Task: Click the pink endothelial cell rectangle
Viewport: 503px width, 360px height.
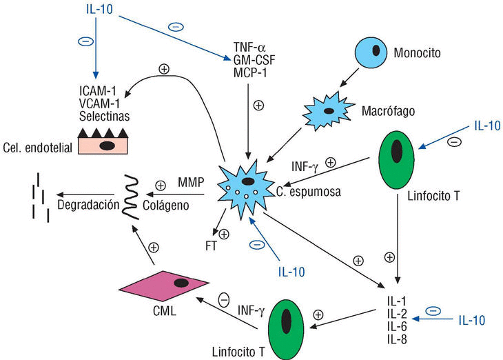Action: pyautogui.click(x=105, y=145)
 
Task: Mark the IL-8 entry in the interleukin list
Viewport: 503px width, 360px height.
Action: pyautogui.click(x=396, y=339)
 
